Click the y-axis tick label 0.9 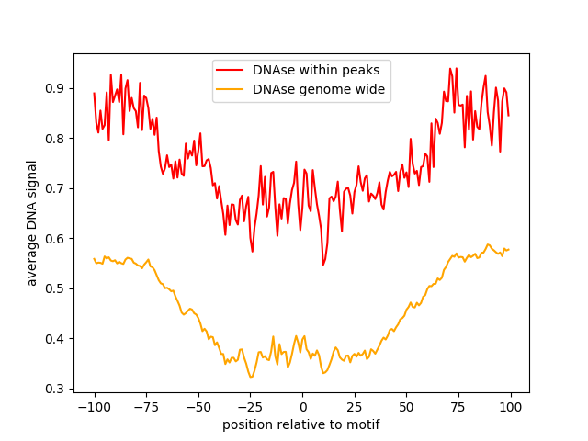56,88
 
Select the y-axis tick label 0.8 56,139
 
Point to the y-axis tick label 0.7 56,188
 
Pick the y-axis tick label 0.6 56,239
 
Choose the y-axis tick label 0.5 56,288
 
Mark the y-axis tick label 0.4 56,339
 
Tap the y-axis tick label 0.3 56,389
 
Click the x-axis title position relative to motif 301,424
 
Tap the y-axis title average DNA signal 32,223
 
